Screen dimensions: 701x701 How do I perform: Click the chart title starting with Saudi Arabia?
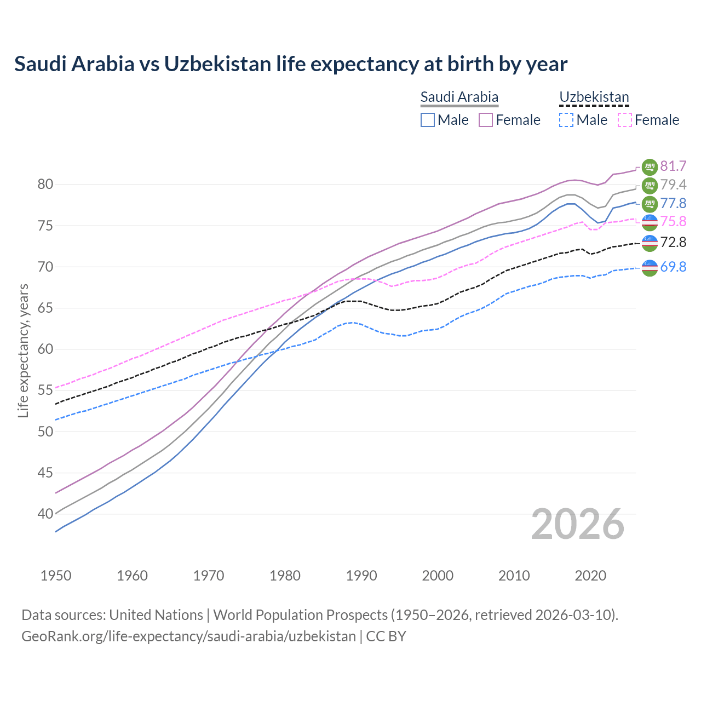click(x=291, y=64)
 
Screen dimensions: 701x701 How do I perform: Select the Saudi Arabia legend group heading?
click(x=459, y=97)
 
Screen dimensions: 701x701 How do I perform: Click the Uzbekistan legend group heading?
click(x=594, y=97)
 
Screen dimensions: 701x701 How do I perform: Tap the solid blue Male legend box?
click(x=428, y=120)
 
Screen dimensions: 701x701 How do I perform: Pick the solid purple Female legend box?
click(x=486, y=120)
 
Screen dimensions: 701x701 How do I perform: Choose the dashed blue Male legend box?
click(x=566, y=120)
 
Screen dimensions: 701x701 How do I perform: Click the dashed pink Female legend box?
click(x=625, y=120)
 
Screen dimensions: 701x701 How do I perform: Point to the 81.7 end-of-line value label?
click(x=673, y=166)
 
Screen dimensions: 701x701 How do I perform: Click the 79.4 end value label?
click(x=673, y=185)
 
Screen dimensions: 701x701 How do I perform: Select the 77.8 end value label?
click(x=673, y=203)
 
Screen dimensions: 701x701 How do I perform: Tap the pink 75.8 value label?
click(x=673, y=221)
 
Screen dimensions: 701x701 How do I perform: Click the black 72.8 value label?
click(x=673, y=242)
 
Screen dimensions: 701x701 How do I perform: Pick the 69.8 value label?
click(x=673, y=267)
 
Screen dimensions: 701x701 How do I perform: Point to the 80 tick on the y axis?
click(x=45, y=185)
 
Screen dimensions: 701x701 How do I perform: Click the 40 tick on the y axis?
click(x=45, y=514)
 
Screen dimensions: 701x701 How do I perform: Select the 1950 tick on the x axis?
click(x=56, y=576)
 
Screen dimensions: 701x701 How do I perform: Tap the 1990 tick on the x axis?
click(x=361, y=576)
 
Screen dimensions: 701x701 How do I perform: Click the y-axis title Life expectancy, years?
click(x=23, y=350)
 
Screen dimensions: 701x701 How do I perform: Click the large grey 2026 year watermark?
click(x=577, y=524)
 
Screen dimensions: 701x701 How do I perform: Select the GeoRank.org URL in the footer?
click(x=188, y=636)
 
